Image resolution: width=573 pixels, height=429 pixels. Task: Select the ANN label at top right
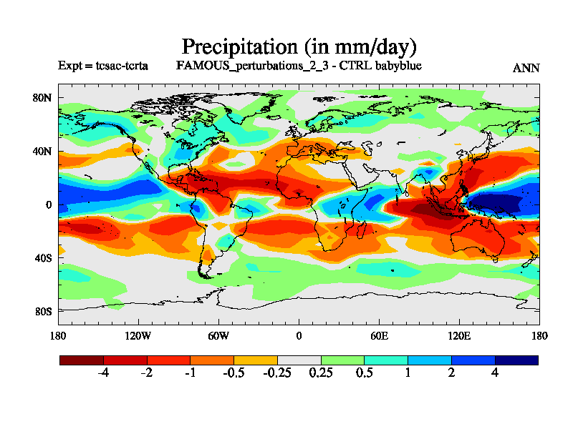(x=526, y=68)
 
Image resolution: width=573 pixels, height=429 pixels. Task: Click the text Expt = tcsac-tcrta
(x=103, y=66)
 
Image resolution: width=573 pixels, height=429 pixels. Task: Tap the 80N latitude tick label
(x=44, y=98)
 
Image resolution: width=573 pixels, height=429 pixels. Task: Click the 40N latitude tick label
(x=44, y=151)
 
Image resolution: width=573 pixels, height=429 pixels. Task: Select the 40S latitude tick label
(x=44, y=257)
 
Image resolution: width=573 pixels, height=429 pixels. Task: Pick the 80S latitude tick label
(x=44, y=311)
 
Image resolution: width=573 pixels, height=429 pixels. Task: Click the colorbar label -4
(x=103, y=374)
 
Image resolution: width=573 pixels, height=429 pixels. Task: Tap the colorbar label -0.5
(x=233, y=374)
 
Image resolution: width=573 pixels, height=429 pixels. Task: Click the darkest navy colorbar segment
(x=516, y=360)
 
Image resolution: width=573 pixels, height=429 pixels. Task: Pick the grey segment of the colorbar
(x=299, y=360)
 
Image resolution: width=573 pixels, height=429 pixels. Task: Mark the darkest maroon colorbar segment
(x=81, y=360)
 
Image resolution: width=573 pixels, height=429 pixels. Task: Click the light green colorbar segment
(x=342, y=360)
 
